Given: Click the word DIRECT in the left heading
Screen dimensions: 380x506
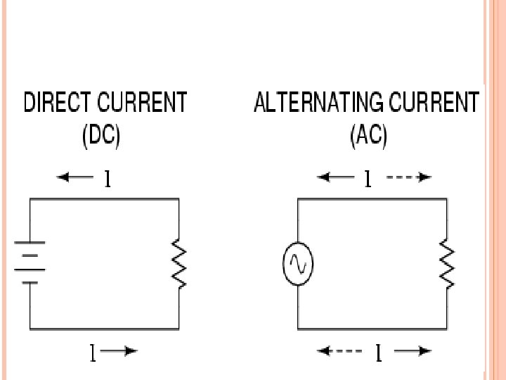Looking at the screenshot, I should point(58,103).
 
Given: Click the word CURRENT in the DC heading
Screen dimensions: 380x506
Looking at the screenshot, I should point(143,103).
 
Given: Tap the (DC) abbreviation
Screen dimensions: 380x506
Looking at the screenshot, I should point(101,135).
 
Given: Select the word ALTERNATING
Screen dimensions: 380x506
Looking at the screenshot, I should point(316,103).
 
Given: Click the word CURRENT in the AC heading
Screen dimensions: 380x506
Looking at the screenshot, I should point(432,103).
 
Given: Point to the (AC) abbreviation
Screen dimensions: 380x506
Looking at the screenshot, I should point(368,135).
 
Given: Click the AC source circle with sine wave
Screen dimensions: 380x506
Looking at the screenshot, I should point(298,263).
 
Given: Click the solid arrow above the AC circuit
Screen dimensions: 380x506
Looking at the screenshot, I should point(335,178).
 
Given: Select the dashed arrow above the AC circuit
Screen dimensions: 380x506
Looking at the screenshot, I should point(408,178).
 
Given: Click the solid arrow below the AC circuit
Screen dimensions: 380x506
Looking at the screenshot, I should point(412,350).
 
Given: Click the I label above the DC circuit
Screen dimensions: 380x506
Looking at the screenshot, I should point(107,180).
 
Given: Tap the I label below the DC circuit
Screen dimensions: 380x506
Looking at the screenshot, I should point(92,351).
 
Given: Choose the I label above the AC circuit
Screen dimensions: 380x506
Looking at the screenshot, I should point(367,180).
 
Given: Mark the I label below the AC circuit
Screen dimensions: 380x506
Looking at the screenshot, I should point(378,353).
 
